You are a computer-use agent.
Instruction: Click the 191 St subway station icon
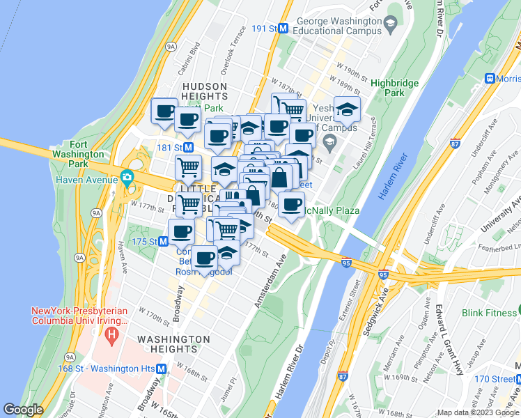point(284,29)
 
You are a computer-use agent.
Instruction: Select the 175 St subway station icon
point(163,241)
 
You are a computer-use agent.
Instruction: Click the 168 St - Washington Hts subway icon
point(162,369)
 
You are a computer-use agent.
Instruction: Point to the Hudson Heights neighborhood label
point(205,91)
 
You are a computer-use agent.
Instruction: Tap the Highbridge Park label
point(394,88)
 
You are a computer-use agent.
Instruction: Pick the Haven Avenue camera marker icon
point(126,176)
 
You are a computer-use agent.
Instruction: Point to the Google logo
point(24,410)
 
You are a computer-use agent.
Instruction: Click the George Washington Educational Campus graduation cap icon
point(390,25)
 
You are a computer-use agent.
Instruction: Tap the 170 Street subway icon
point(517,379)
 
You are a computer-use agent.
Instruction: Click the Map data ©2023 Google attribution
point(478,412)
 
